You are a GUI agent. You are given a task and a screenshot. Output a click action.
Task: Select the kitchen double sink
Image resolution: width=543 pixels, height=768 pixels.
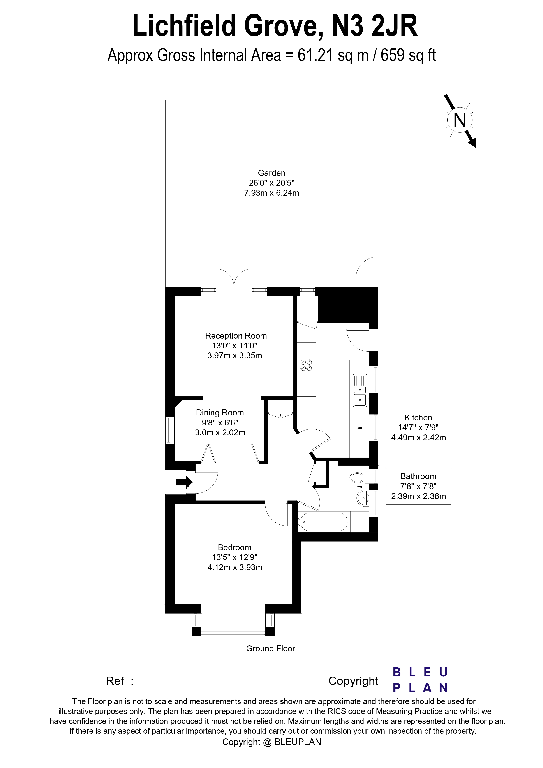[x=360, y=390]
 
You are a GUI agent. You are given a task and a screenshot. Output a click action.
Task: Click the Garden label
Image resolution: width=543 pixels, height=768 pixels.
[x=271, y=173]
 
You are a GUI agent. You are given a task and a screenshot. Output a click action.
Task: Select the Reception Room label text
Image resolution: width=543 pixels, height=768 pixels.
[x=236, y=336]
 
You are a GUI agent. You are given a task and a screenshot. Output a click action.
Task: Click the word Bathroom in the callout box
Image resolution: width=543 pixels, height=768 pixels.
[x=418, y=476]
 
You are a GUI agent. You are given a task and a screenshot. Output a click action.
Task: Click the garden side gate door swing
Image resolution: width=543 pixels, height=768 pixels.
[x=367, y=268]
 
